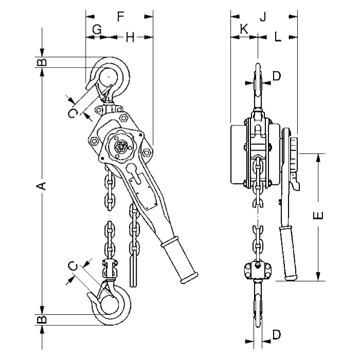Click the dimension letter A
(42, 186)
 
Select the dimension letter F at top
(120, 16)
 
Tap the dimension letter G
(97, 30)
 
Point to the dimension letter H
(130, 37)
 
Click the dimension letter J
(263, 16)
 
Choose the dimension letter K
(244, 29)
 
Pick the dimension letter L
(278, 37)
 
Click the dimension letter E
(318, 215)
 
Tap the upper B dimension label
(42, 62)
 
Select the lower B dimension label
(42, 319)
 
